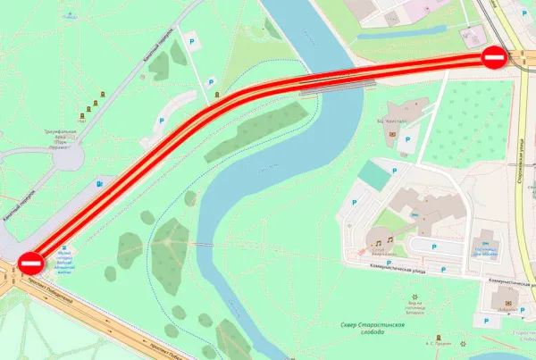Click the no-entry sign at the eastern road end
pyautogui.click(x=495, y=58)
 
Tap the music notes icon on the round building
pyautogui.click(x=382, y=241)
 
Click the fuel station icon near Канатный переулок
pyautogui.click(x=98, y=183)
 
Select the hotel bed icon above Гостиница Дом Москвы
pyautogui.click(x=486, y=242)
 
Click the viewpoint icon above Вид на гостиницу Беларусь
pyautogui.click(x=414, y=296)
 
